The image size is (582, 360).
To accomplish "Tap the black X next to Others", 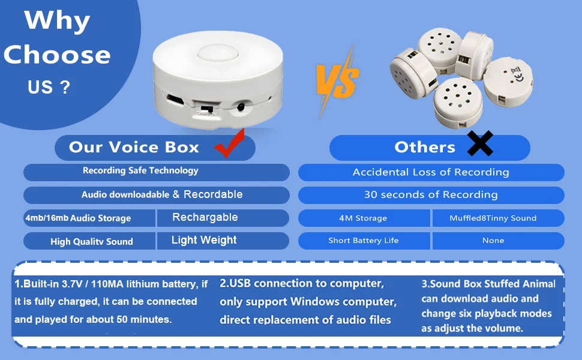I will click(x=479, y=144).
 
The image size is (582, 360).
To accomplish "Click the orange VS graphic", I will click(x=337, y=82).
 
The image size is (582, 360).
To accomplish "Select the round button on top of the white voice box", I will click(x=214, y=52).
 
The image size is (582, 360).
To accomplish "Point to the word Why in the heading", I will click(x=58, y=21).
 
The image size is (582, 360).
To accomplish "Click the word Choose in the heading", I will click(x=57, y=55).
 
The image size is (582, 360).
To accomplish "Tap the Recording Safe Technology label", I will click(x=140, y=171).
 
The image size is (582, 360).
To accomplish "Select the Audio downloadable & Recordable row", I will click(x=162, y=194).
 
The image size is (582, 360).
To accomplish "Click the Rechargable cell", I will click(x=205, y=217).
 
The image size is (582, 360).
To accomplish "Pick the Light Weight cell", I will click(x=204, y=240).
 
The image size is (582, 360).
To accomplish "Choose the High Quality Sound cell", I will click(x=91, y=241).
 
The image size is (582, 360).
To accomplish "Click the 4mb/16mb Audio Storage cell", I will click(x=78, y=218).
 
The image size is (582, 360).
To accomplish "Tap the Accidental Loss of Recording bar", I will click(x=431, y=172).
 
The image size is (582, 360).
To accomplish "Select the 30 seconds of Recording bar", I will click(x=431, y=195).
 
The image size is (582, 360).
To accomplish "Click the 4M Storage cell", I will click(x=363, y=218).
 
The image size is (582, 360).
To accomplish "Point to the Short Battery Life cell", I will click(x=363, y=241).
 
